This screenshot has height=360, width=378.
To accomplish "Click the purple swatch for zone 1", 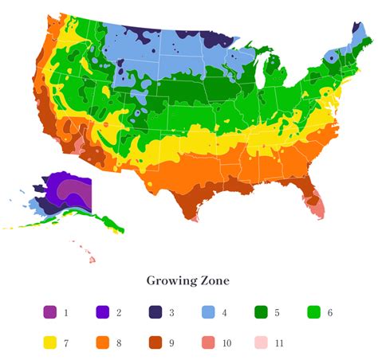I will pos(49,313).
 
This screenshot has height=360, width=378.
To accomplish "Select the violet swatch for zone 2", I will pos(102,313).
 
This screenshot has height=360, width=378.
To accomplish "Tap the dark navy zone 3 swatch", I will pos(155,313).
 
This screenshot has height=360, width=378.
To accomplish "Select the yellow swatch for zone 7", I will pos(49,343).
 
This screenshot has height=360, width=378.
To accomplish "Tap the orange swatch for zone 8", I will pos(102,343).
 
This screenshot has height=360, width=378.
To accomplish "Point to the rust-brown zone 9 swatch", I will pos(155,343).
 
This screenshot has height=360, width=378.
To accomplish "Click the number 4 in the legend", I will pos(224,313).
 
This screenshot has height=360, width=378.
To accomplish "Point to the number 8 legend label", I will pos(119,343).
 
